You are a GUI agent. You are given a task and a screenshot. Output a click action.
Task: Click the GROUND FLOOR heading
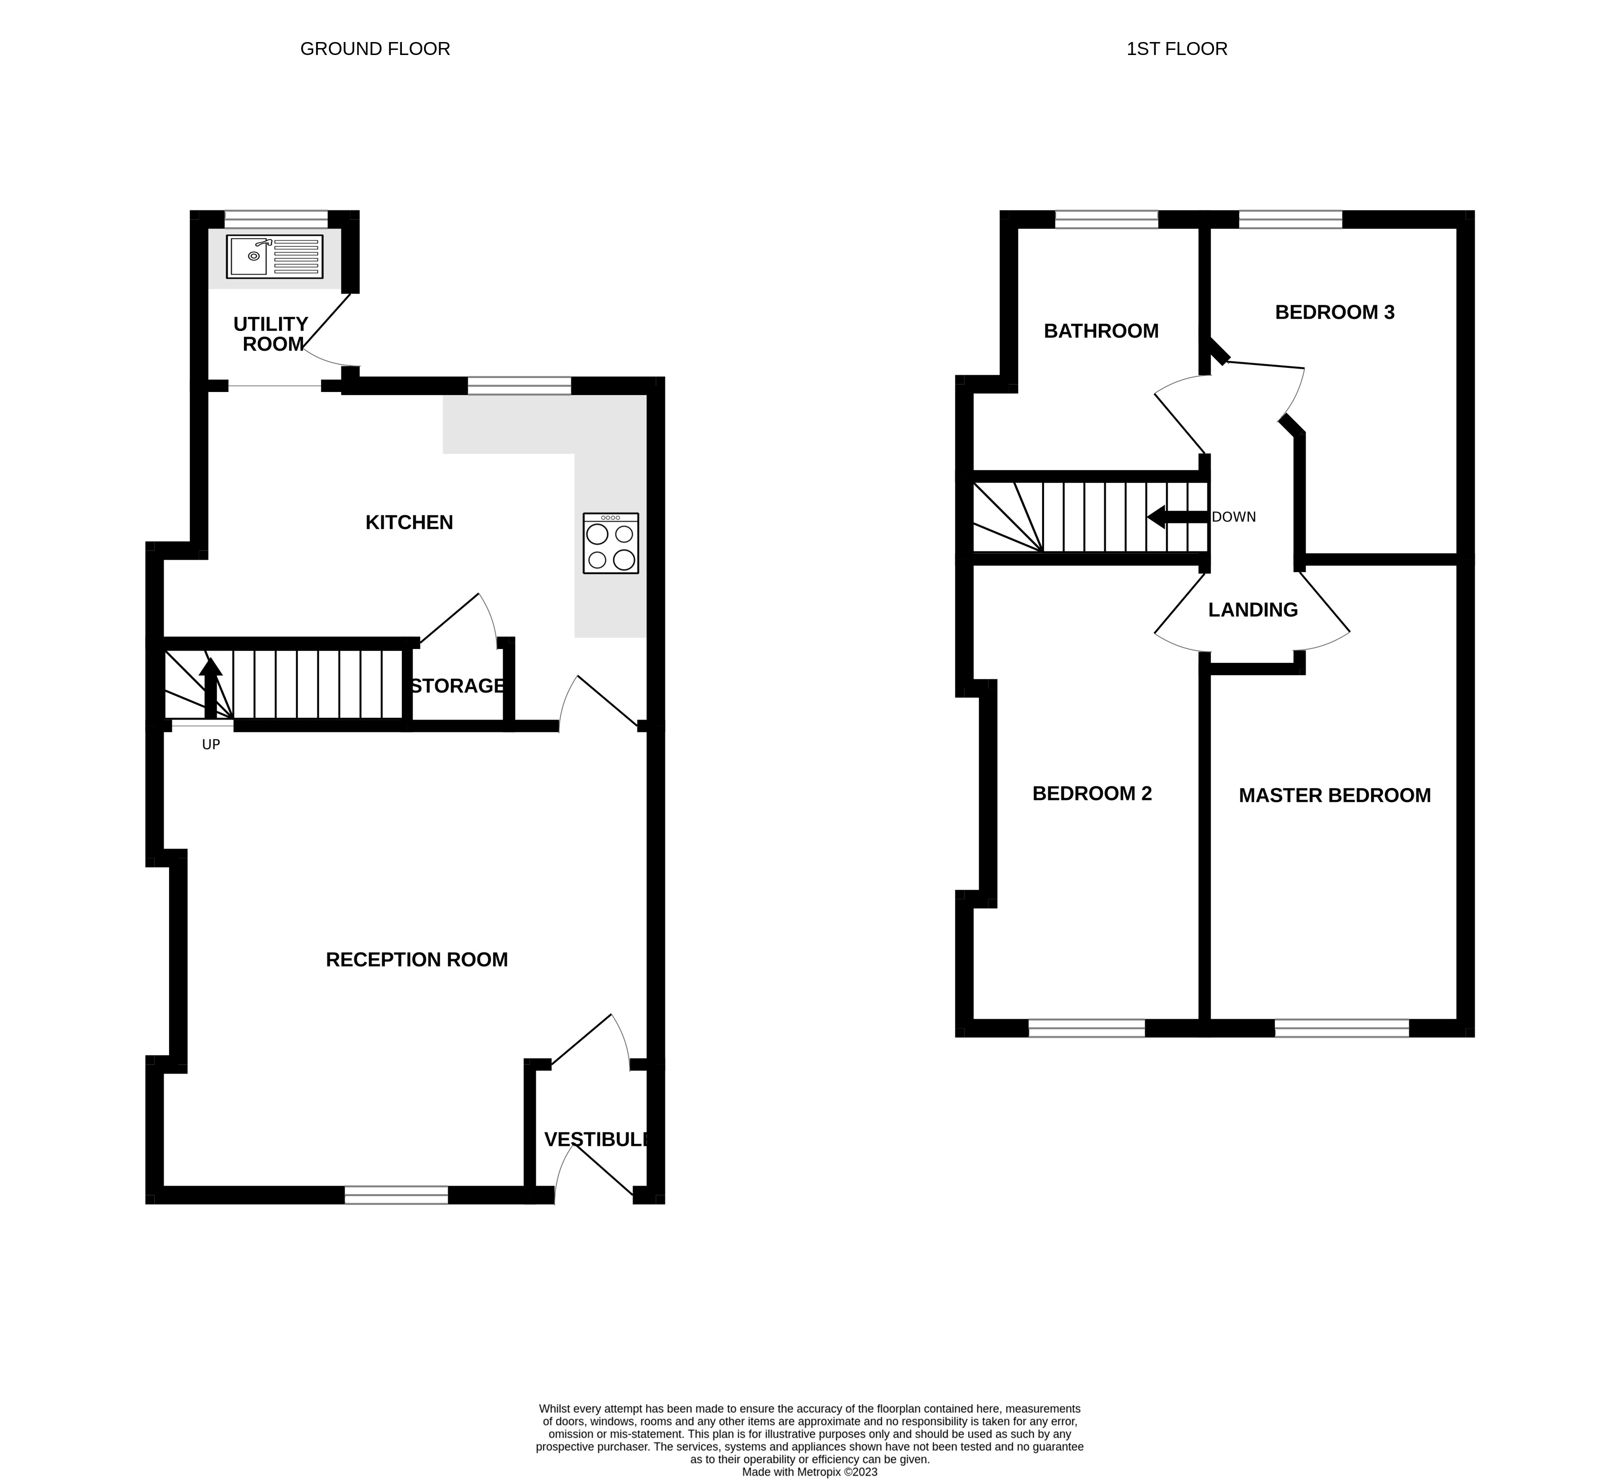pos(375,49)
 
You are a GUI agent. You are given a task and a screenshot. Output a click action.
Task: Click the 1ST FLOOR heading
pos(1177,49)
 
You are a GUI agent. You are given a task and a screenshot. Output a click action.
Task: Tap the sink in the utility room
pos(274,257)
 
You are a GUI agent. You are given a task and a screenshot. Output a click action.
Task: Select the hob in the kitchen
pos(611,544)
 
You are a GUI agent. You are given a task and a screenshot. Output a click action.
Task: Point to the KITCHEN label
pos(409,522)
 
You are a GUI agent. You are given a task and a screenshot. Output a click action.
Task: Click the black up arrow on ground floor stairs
pos(211,687)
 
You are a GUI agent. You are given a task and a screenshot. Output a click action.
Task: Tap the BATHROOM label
pos(1101,331)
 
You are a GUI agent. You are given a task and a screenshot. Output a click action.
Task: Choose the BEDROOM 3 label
pos(1334,312)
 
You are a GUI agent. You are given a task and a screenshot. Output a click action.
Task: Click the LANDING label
pos(1253,610)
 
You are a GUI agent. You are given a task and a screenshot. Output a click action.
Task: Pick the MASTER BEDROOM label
pos(1334,796)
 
